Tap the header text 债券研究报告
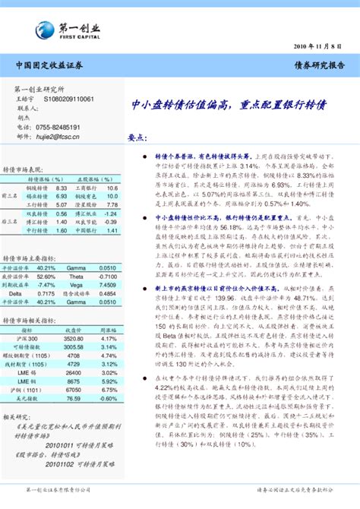click(320, 66)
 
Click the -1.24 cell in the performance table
click(111, 213)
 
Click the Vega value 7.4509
click(107, 285)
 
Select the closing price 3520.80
click(74, 318)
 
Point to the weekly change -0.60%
click(109, 397)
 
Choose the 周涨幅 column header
click(109, 309)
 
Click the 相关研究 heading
click(16, 416)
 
